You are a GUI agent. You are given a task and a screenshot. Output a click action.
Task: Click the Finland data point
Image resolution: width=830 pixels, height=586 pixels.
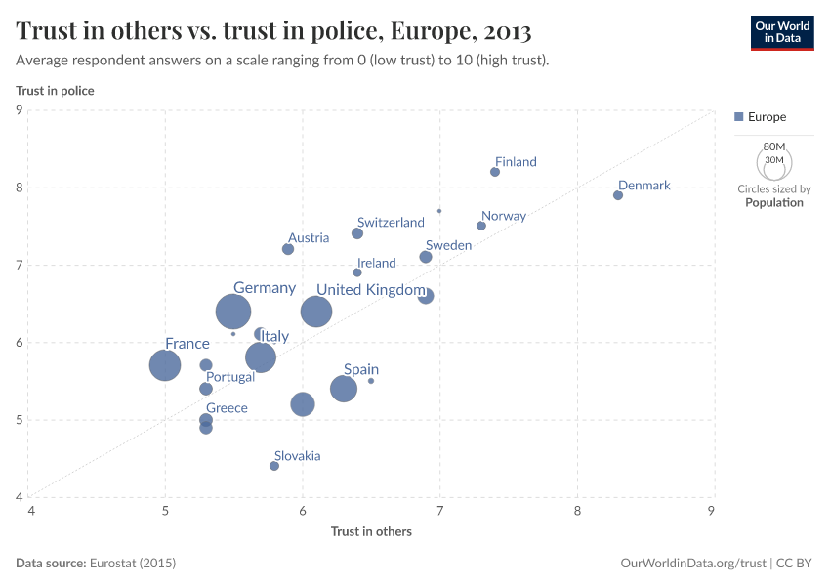[495, 172]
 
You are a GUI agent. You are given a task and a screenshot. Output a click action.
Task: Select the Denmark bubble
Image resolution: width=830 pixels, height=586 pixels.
[618, 195]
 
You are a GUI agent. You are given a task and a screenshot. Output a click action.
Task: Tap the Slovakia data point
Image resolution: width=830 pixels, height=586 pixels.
[274, 466]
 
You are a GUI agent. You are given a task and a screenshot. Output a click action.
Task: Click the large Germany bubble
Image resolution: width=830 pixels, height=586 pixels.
[233, 312]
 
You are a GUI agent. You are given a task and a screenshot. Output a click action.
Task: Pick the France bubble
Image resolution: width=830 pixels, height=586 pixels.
[165, 365]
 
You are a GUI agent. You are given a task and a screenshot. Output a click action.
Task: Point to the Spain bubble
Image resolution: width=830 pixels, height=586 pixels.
[344, 389]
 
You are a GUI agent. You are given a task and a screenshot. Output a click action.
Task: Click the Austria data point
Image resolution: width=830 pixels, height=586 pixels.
[288, 249]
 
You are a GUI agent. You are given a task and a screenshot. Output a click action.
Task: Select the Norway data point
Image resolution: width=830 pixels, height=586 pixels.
[481, 226]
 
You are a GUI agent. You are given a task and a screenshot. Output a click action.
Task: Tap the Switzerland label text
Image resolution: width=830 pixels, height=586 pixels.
[391, 223]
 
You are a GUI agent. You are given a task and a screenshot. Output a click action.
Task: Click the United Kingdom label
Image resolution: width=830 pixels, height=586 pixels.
[370, 290]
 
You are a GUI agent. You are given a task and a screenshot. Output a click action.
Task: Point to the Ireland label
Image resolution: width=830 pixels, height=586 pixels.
[376, 263]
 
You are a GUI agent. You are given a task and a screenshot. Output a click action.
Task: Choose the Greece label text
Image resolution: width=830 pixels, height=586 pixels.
[227, 408]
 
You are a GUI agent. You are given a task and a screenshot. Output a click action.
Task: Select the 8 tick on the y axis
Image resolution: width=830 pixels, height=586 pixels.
[19, 188]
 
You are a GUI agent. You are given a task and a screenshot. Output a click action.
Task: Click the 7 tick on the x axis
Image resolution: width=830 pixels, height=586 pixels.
[439, 510]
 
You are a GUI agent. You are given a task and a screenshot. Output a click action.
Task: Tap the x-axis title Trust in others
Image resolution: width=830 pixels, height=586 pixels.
[371, 531]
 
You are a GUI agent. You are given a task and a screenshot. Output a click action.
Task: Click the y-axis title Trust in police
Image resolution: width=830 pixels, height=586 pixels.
[55, 91]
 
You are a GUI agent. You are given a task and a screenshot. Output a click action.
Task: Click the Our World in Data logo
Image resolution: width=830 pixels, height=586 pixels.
[781, 32]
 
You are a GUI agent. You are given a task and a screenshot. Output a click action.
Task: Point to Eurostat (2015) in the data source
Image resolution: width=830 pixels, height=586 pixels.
[133, 564]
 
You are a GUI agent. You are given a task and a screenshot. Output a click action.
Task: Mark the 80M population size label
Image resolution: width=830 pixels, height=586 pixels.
[773, 146]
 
